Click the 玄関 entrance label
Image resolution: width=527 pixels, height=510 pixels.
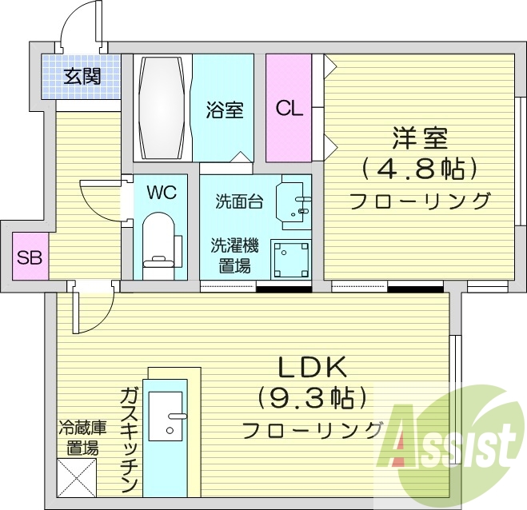[x=82, y=77]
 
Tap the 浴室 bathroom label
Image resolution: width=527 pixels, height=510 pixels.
[x=225, y=110]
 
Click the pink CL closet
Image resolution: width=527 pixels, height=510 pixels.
[x=289, y=107]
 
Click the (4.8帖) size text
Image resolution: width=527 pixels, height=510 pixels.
[x=419, y=168]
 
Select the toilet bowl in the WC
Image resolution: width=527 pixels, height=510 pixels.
[x=160, y=238]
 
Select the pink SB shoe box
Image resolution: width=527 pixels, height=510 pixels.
[x=31, y=257]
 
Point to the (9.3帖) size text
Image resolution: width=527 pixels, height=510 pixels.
[x=312, y=396]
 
